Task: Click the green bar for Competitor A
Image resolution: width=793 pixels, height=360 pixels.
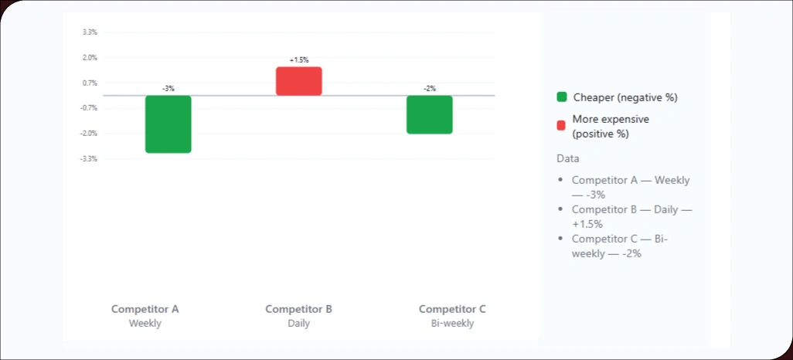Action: [168, 124]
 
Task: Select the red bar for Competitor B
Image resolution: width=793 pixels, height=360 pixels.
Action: [298, 81]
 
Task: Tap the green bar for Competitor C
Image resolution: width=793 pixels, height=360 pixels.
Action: [429, 114]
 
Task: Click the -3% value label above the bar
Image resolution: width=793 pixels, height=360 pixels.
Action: [168, 89]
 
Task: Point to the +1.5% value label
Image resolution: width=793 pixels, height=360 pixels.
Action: [298, 59]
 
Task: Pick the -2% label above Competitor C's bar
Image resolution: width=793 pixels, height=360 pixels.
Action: [429, 89]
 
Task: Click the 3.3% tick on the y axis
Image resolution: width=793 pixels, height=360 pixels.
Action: [90, 32]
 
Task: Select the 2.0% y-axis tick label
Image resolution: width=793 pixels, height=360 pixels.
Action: [90, 58]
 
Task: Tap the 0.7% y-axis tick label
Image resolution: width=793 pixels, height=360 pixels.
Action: [90, 83]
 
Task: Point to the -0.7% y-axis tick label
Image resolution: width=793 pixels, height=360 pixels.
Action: [89, 108]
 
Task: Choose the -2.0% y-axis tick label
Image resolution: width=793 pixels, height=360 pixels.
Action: [89, 134]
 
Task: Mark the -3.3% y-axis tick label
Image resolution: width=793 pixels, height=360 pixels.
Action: [89, 159]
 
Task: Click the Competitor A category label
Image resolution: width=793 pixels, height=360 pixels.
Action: [145, 309]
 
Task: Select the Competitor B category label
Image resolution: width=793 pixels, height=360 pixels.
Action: [298, 309]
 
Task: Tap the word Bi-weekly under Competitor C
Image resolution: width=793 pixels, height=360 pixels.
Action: [452, 324]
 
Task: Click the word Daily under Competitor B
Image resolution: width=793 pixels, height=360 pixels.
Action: [298, 324]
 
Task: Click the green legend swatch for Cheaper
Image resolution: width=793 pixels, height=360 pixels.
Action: [562, 97]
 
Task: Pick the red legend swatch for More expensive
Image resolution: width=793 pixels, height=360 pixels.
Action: [562, 125]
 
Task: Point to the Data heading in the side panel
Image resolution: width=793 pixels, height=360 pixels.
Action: [567, 158]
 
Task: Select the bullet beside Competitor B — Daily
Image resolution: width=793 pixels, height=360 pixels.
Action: [561, 209]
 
